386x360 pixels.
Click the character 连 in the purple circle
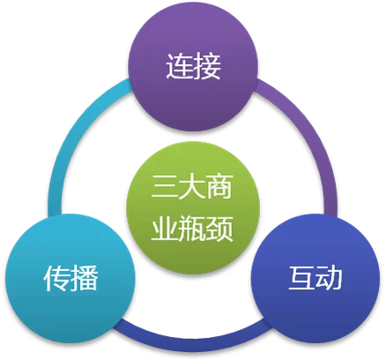(x=179, y=66)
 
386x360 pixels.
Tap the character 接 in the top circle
(x=207, y=66)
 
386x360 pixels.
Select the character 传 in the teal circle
(x=57, y=278)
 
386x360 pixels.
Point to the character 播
(x=85, y=278)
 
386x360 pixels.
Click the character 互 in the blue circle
(x=302, y=278)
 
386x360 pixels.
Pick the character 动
(x=329, y=278)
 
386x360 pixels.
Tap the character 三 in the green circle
(x=165, y=187)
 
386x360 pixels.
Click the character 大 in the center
(x=192, y=187)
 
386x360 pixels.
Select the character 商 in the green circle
(x=219, y=187)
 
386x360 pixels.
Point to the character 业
(x=165, y=228)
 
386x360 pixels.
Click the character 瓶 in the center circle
(x=192, y=228)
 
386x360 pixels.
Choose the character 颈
(x=219, y=228)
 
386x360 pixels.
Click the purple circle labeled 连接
(x=193, y=66)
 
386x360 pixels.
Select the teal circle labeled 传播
(x=70, y=279)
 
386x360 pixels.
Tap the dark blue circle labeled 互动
(x=315, y=279)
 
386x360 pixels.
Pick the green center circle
(x=193, y=208)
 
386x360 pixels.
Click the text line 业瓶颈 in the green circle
(x=192, y=228)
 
